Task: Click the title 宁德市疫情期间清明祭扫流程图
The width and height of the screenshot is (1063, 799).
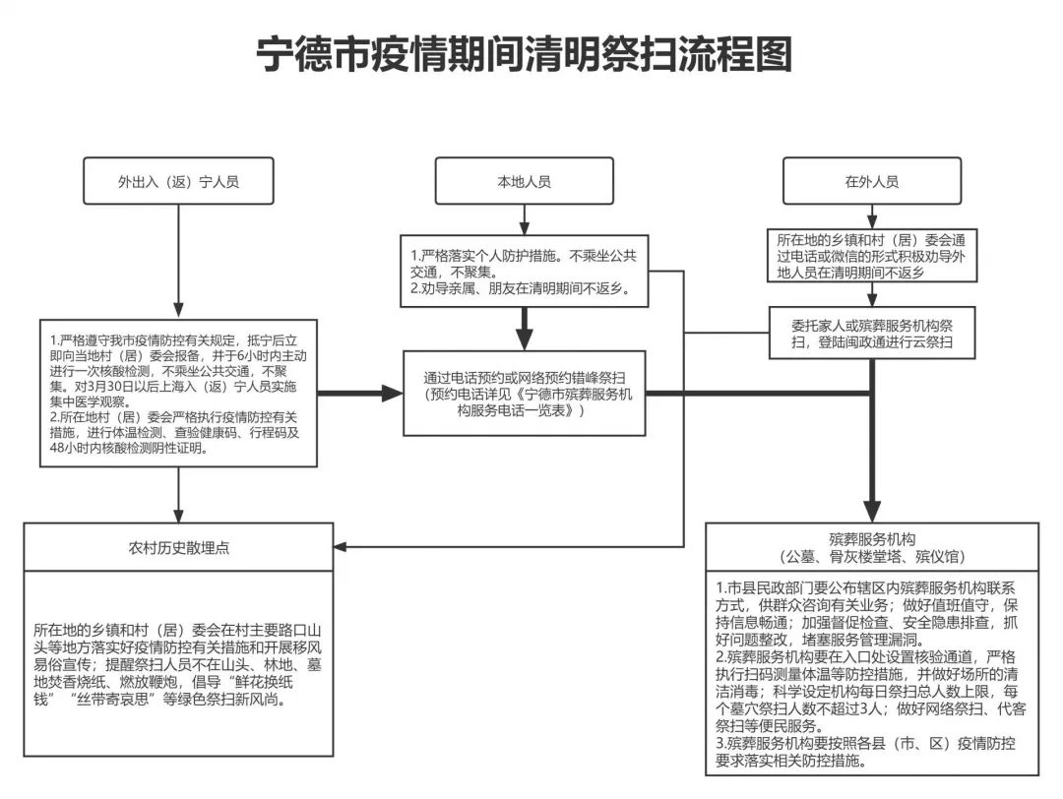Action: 524,54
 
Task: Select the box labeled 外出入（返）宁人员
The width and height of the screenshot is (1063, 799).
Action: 178,181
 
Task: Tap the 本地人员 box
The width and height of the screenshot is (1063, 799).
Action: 524,181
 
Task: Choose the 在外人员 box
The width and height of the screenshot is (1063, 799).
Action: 872,181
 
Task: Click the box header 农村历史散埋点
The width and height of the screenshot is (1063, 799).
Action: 178,547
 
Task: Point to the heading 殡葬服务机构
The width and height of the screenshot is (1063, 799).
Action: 872,539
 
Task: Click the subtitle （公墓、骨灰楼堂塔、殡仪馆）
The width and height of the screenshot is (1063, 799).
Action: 872,557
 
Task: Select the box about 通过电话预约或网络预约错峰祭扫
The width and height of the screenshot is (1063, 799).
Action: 524,393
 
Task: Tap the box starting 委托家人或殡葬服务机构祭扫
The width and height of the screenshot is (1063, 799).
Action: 872,333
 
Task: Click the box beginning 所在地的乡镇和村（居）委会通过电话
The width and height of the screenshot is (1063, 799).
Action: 872,256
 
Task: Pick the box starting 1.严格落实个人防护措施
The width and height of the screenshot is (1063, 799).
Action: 524,271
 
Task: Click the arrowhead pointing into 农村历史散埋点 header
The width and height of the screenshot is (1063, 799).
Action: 341,546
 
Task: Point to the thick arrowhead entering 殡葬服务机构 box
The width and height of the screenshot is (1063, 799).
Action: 872,511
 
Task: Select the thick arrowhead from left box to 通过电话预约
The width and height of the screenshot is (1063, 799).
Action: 393,393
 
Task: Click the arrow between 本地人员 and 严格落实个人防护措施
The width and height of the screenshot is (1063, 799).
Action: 524,219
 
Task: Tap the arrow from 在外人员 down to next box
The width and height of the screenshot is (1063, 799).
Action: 872,216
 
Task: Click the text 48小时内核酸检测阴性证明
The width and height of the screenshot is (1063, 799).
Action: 128,448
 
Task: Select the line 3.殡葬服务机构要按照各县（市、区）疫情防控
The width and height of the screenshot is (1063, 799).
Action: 866,744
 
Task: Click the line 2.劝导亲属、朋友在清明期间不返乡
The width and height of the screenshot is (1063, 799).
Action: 521,288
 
